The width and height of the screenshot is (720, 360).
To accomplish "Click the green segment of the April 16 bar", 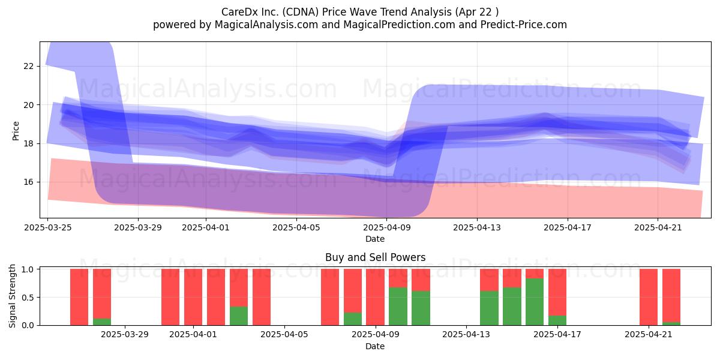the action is click(x=535, y=302).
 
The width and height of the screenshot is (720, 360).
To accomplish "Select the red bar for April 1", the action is click(x=193, y=297).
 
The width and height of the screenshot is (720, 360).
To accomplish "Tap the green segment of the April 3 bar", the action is click(x=239, y=316).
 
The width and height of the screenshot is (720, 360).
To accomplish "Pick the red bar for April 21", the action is click(x=649, y=297).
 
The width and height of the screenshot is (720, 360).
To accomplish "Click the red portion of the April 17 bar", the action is click(x=557, y=292).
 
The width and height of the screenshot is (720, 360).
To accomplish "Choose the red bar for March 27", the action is click(x=79, y=297).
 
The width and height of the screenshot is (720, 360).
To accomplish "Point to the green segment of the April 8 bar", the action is click(x=353, y=319).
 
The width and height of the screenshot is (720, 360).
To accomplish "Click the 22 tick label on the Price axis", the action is click(x=28, y=66).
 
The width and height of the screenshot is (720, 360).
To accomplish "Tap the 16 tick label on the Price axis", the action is click(x=28, y=182).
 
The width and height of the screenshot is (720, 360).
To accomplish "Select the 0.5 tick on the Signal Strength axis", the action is click(x=28, y=298).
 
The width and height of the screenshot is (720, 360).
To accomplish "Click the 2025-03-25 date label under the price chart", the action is click(x=48, y=227).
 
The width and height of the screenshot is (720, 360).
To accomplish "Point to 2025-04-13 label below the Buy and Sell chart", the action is click(x=466, y=335).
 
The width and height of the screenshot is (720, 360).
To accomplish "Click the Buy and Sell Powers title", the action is click(x=375, y=257).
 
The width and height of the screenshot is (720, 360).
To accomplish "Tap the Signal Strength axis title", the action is click(x=12, y=296).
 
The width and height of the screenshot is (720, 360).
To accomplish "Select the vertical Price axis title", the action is click(x=16, y=131).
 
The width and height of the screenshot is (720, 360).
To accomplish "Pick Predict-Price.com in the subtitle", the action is click(x=524, y=25).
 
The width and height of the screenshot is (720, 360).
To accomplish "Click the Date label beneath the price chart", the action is click(x=375, y=239).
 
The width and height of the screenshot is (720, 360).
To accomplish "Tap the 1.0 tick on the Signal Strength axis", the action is click(x=28, y=269).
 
